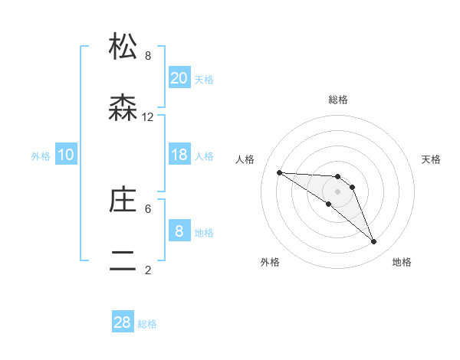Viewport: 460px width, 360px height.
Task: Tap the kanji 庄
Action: [123, 200]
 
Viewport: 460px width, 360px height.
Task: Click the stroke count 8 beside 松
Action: [148, 55]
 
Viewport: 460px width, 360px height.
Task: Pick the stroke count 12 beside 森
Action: [148, 116]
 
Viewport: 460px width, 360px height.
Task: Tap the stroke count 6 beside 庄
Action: [148, 208]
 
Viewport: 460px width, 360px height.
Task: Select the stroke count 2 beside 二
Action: [148, 270]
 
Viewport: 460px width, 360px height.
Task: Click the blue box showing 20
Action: [179, 78]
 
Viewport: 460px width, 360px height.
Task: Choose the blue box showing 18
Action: [179, 155]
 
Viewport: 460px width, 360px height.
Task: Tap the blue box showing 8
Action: [179, 231]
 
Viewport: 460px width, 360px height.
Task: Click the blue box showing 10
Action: [66, 155]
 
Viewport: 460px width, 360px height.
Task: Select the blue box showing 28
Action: [123, 322]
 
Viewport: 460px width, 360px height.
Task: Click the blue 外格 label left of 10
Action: [41, 156]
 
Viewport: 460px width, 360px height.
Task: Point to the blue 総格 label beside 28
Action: [147, 324]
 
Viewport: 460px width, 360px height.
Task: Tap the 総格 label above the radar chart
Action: [338, 100]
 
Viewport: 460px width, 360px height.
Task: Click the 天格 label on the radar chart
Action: [431, 159]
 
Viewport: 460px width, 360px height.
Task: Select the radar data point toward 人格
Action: [279, 172]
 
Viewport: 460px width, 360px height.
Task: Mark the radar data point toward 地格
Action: [373, 242]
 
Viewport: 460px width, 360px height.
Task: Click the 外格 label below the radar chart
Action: [269, 262]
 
